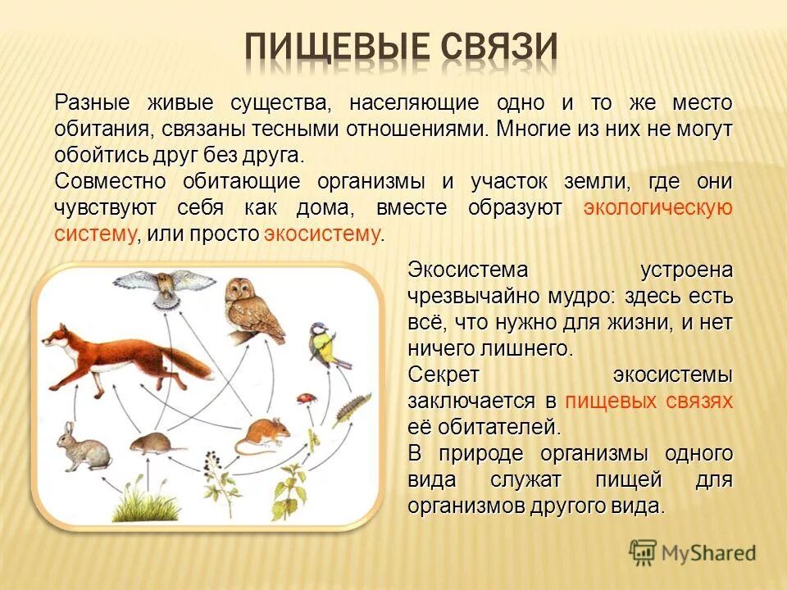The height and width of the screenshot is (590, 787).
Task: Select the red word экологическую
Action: coord(657,208)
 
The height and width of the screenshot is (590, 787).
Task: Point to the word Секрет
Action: coord(444,374)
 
